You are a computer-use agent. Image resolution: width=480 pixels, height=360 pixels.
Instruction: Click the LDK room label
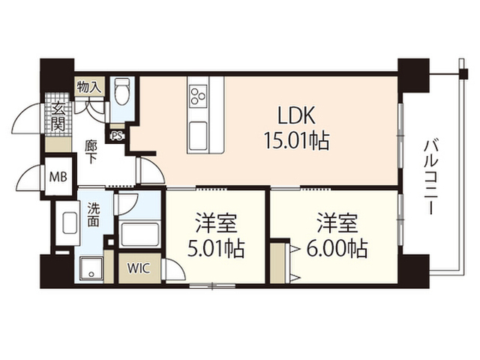coord(295,115)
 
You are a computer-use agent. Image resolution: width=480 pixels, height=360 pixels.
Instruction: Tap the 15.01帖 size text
coord(296,141)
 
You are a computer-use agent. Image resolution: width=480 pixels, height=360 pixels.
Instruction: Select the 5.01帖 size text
coord(216,248)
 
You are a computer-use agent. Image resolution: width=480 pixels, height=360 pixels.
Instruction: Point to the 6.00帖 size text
coord(337,248)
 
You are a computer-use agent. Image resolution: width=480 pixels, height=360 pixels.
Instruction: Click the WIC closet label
coord(139,268)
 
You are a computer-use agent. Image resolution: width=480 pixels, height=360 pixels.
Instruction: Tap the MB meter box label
coord(58,177)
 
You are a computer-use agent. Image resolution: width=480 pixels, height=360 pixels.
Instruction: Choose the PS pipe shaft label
coord(116,136)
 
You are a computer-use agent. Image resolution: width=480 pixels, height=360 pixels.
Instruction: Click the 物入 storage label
coord(88,87)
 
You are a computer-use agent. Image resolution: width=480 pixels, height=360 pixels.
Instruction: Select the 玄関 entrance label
coord(58,117)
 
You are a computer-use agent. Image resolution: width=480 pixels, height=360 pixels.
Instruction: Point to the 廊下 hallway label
coord(90,151)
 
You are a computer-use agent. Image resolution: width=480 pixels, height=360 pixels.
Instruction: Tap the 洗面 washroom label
coord(93,214)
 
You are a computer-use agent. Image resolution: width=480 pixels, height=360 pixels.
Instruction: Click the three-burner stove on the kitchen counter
coord(198,96)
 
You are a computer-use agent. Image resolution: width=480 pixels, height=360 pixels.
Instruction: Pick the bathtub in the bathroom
coord(139,234)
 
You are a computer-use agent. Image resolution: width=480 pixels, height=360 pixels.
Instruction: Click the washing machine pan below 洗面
coord(91,269)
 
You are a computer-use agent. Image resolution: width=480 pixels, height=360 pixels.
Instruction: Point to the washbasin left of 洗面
coord(70,223)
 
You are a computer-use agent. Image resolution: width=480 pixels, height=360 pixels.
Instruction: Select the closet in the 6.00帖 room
coord(280,263)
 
